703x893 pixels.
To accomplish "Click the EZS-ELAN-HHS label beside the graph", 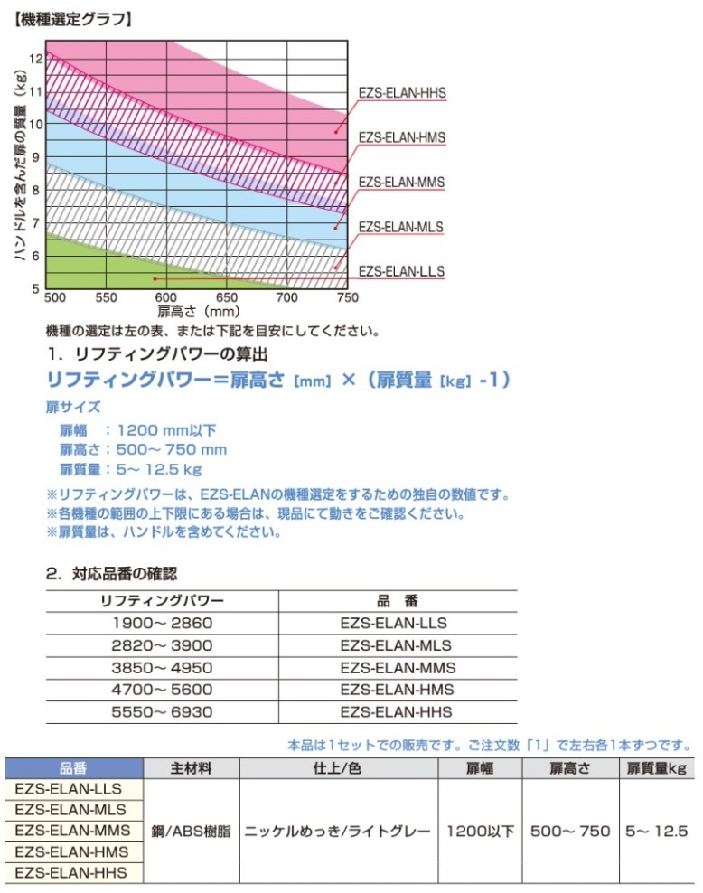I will [402, 94].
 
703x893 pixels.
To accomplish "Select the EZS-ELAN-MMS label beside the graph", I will [402, 183].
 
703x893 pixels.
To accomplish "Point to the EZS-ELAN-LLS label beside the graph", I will [401, 271].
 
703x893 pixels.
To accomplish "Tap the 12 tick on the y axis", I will [35, 58].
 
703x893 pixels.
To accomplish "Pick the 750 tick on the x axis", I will [347, 297].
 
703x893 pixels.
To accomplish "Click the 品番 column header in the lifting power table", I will [397, 600].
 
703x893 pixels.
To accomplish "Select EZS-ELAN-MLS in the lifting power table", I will [398, 645].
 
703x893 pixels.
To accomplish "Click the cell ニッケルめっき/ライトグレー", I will [337, 831].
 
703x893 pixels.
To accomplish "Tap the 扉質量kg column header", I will [657, 768].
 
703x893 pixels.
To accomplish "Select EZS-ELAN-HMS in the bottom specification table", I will [72, 851].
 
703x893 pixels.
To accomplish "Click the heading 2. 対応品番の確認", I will [112, 573].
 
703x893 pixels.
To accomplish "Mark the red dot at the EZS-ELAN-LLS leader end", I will [155, 279].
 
